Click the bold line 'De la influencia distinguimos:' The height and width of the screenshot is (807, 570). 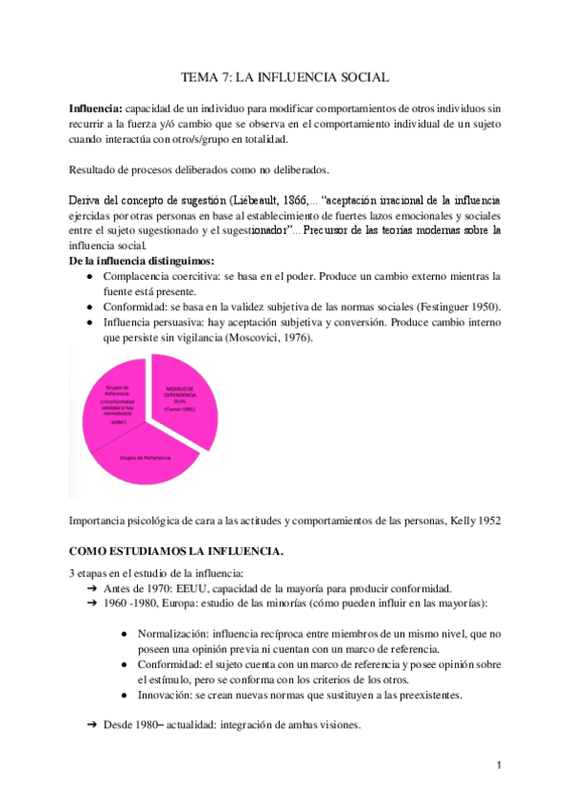click(x=142, y=261)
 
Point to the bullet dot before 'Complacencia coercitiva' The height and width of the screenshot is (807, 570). click(x=88, y=276)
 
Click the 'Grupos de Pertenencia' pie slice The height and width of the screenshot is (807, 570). click(x=145, y=459)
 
